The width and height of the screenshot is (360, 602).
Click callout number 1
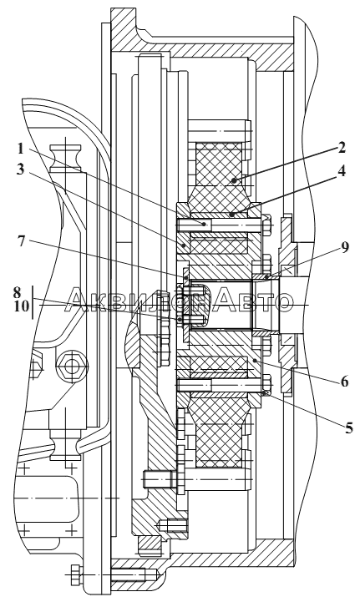(21, 148)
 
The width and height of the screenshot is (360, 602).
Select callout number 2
(342, 148)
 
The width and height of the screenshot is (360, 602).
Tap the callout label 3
(20, 169)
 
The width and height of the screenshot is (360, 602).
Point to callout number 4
(342, 171)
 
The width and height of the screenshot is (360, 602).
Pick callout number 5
(348, 427)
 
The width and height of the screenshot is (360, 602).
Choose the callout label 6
(344, 382)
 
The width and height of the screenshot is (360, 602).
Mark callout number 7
(22, 241)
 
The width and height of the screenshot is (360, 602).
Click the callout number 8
(18, 292)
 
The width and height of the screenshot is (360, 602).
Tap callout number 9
(345, 248)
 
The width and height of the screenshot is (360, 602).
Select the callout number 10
(22, 306)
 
